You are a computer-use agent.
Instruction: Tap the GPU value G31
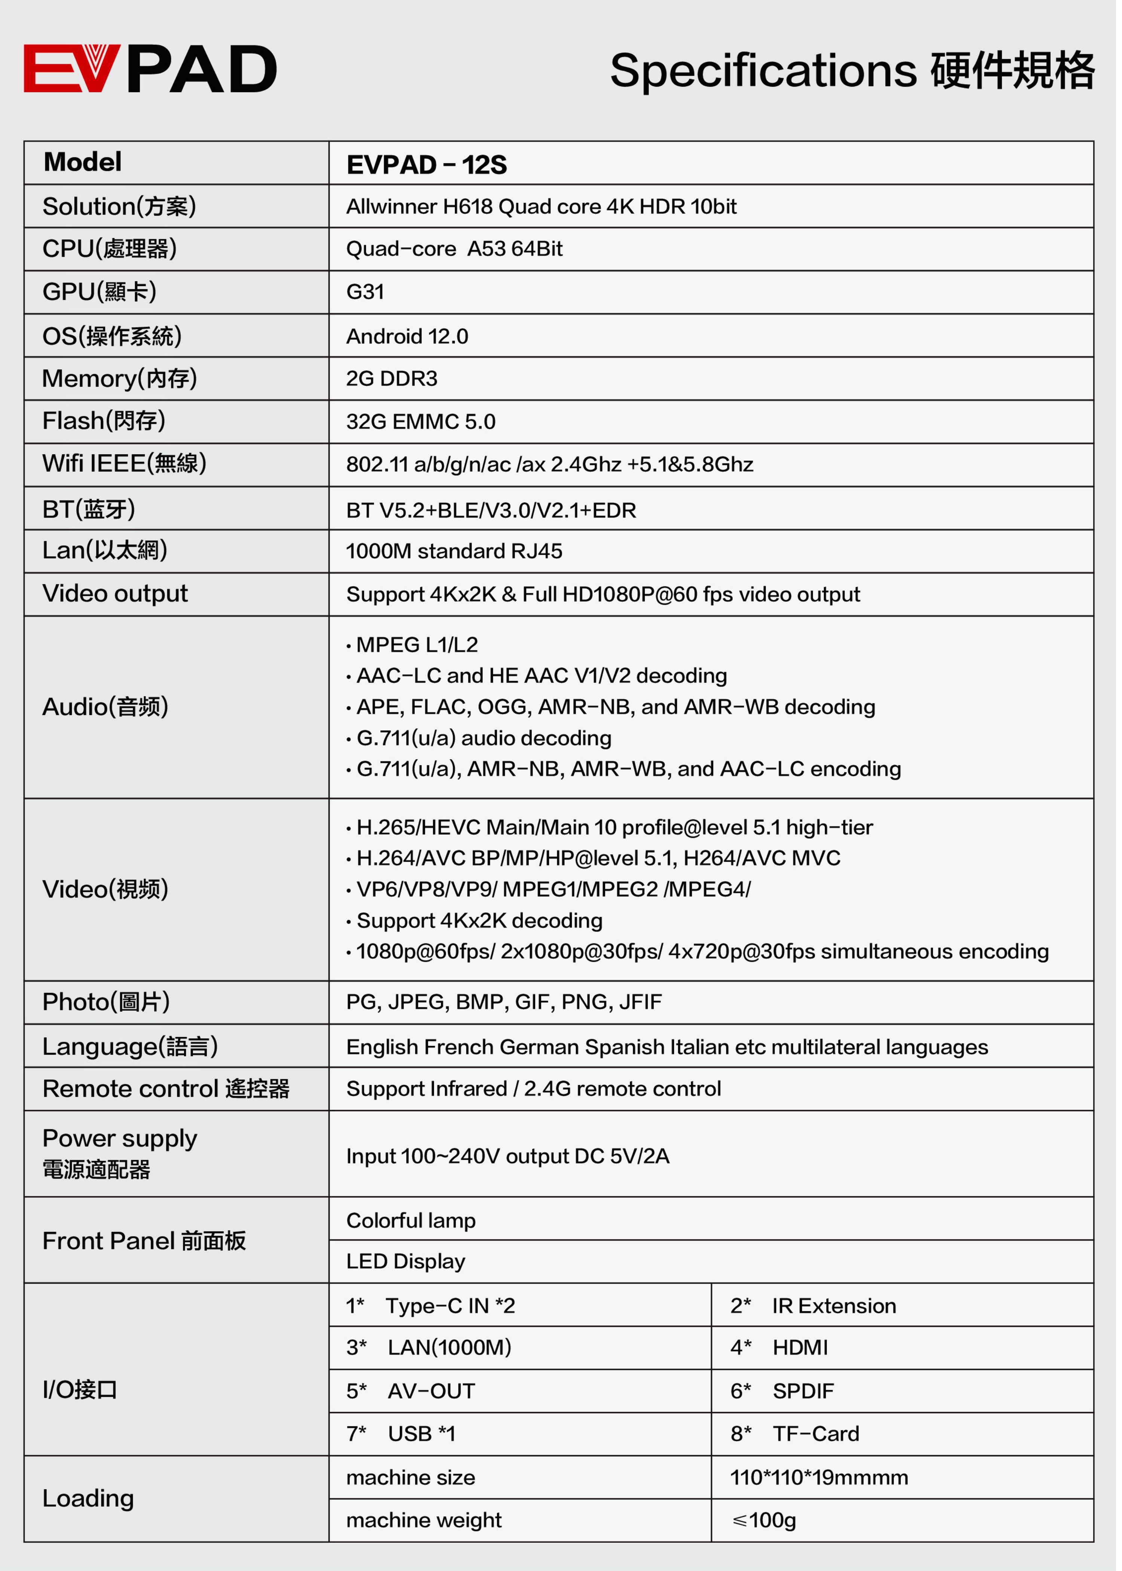click(365, 292)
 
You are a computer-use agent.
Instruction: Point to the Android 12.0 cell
click(407, 336)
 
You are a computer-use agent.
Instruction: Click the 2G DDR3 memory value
click(391, 378)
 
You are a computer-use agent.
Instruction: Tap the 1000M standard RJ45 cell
click(454, 551)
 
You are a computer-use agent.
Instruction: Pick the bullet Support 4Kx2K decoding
click(479, 921)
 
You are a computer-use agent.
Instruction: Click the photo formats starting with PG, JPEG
click(504, 1002)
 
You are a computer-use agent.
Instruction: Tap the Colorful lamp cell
click(410, 1220)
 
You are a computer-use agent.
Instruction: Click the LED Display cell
click(405, 1262)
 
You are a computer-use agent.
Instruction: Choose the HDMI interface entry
click(799, 1347)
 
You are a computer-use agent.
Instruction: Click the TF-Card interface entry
click(815, 1433)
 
